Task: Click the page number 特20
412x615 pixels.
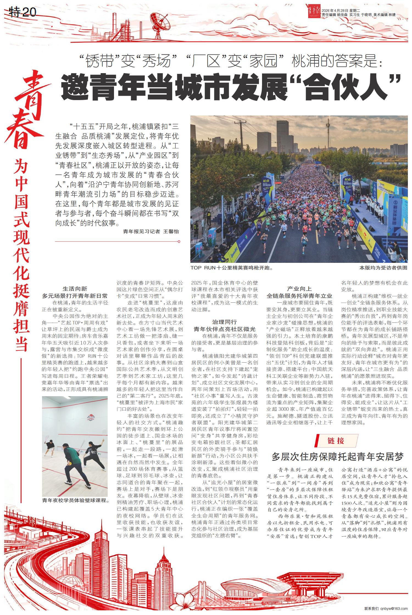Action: pyautogui.click(x=23, y=12)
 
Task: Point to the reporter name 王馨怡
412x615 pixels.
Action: pyautogui.click(x=171, y=231)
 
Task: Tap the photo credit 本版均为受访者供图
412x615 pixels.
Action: pyautogui.click(x=383, y=268)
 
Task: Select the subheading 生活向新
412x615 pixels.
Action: pyautogui.click(x=75, y=289)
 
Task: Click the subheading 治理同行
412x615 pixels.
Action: pyautogui.click(x=224, y=322)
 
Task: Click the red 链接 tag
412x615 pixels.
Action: pyautogui.click(x=336, y=441)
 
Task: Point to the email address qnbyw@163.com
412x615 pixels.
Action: pyautogui.click(x=394, y=609)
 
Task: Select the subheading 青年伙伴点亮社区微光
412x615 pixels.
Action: pyautogui.click(x=224, y=329)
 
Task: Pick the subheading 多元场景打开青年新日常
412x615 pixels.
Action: pyautogui.click(x=75, y=296)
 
